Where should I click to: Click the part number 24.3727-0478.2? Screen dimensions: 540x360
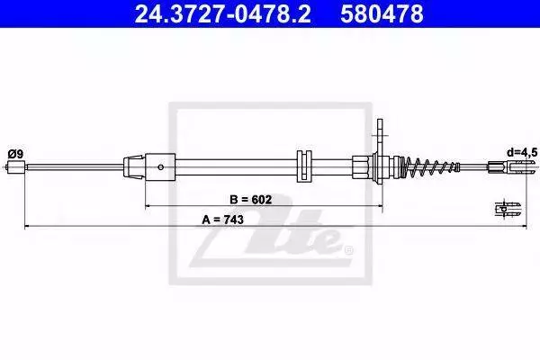(x=223, y=13)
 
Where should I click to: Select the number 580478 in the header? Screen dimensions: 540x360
(x=382, y=13)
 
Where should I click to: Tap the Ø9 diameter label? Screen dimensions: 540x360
(x=16, y=154)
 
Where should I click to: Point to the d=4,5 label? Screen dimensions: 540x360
(x=522, y=152)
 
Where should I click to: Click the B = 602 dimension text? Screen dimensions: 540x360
(x=251, y=199)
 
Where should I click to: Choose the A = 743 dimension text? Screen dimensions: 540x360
(x=222, y=220)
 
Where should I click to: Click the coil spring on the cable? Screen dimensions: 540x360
(x=430, y=166)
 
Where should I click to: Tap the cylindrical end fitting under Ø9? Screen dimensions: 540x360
(x=16, y=167)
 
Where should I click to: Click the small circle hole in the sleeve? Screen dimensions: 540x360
(x=160, y=167)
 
